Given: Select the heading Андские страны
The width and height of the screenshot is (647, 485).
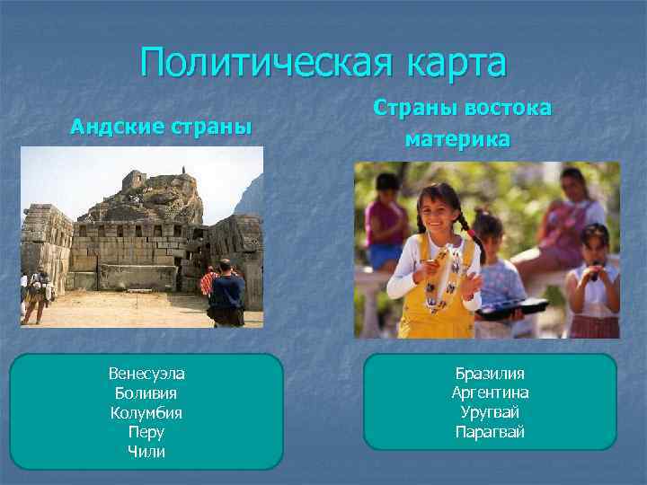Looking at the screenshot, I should tap(161, 126).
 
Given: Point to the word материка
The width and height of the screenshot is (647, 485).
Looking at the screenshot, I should tap(457, 139).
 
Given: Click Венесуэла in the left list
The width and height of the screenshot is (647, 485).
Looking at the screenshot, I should tap(146, 374).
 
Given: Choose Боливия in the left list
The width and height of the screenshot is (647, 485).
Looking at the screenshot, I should tap(146, 393).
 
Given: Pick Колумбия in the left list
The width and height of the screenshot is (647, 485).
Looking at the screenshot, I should tap(146, 413).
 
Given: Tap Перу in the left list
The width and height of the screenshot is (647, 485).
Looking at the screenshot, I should tap(146, 432).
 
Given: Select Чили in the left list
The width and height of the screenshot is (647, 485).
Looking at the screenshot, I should tap(146, 452).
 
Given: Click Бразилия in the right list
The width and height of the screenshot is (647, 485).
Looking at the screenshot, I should tap(490, 374).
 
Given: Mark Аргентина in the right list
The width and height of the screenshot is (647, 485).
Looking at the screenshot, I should tap(490, 393).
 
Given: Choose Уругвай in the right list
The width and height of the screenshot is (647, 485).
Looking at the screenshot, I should tap(490, 412).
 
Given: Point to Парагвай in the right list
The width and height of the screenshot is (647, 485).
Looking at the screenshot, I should tap(490, 432).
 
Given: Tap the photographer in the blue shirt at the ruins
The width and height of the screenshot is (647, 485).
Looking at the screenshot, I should tap(226, 292).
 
